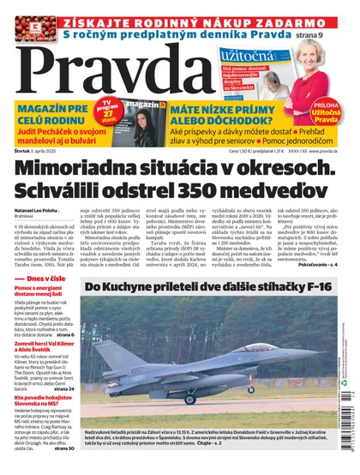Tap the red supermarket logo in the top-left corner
pos(18,20)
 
